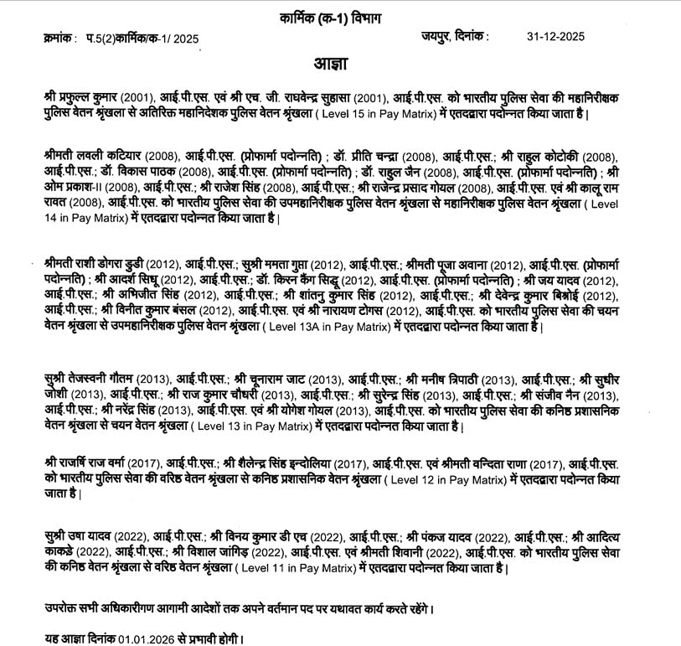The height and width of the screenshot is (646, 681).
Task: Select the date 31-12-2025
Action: (555, 37)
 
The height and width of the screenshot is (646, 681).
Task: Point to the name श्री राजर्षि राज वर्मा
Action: (90, 463)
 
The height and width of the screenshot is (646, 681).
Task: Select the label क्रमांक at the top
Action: (55, 39)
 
